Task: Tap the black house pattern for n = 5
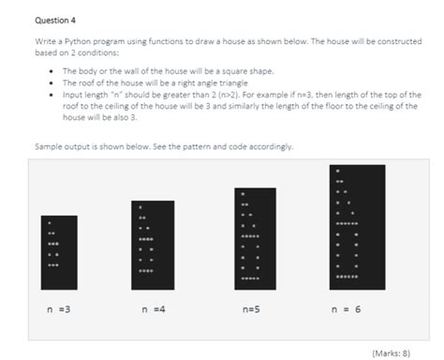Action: point(255,236)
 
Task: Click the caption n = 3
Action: point(57,307)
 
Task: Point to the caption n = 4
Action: point(153,307)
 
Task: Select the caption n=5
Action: point(251,307)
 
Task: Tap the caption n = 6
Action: point(347,307)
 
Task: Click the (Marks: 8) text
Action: point(391,352)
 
